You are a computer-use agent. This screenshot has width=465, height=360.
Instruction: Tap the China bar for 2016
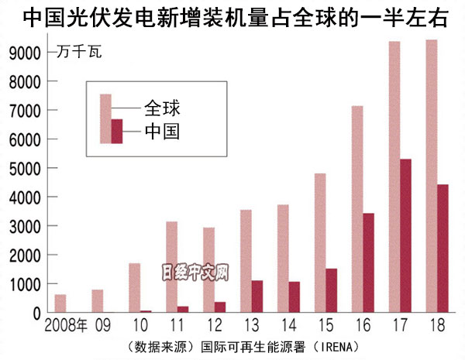tap(369, 262)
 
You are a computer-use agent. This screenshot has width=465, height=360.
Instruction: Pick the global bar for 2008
tap(60, 303)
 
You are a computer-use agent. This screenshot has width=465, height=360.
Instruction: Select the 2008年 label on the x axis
tap(67, 325)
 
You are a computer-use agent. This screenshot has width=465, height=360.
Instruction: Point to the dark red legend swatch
tap(118, 131)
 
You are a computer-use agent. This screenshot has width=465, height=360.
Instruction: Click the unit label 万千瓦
tap(78, 53)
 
